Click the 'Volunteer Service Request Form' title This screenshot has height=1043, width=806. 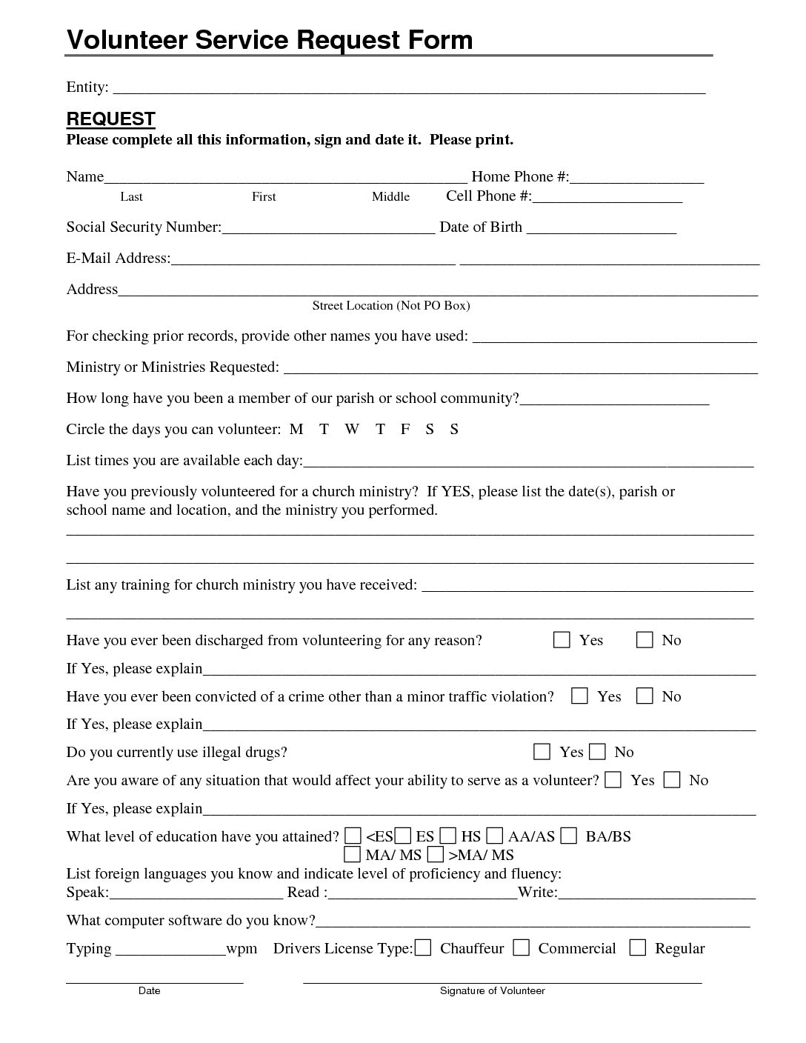[x=270, y=39]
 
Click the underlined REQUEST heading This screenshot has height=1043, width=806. [x=110, y=119]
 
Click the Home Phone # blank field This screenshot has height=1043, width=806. [x=636, y=178]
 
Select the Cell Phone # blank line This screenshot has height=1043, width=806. [x=607, y=197]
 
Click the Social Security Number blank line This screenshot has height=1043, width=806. [x=328, y=228]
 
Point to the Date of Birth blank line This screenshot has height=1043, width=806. [x=601, y=228]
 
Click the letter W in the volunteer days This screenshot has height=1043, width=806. [x=352, y=430]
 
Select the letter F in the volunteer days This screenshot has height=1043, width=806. [x=405, y=430]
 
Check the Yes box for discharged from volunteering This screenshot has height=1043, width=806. [x=562, y=640]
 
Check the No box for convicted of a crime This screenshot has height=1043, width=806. [x=645, y=696]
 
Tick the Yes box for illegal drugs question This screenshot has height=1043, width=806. [x=542, y=752]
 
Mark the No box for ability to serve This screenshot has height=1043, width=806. [x=671, y=780]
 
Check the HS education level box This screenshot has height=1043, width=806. [x=448, y=836]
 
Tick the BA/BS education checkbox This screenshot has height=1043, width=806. [x=568, y=836]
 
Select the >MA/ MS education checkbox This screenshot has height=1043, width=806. [x=436, y=855]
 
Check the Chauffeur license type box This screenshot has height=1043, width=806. [x=422, y=948]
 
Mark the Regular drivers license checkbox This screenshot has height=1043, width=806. [x=637, y=948]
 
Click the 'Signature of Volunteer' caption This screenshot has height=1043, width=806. [x=493, y=990]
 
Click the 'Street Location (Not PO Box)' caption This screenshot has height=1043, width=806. [x=391, y=305]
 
